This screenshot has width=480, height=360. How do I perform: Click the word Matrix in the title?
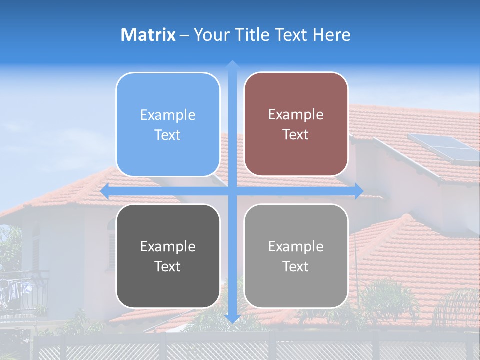148,35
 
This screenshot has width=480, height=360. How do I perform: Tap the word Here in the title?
331,35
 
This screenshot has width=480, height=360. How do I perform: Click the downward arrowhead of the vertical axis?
232,319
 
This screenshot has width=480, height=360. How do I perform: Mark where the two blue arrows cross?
232,191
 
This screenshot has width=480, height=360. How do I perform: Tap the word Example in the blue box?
168,115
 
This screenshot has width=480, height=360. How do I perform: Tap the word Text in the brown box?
296,135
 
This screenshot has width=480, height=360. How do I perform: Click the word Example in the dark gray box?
168,247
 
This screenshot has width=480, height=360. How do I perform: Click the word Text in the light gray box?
296,266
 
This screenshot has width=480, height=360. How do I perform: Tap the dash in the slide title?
184,35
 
